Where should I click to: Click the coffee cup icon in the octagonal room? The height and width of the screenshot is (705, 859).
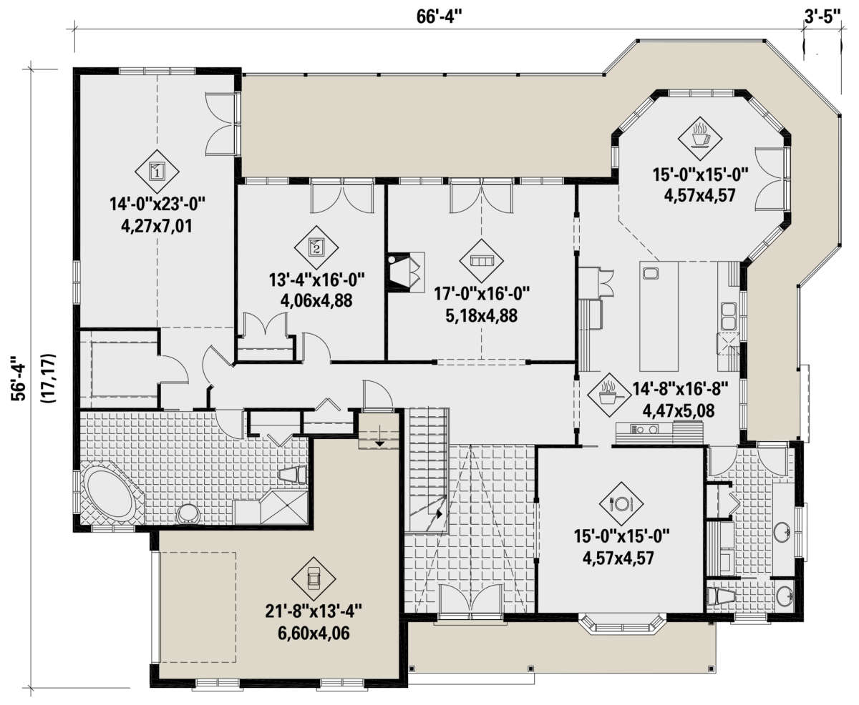(700, 138)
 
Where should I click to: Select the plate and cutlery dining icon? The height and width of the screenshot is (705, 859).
(621, 504)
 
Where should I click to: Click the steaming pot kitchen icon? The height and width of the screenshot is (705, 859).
(609, 395)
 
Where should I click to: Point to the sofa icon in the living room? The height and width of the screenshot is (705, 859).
(482, 261)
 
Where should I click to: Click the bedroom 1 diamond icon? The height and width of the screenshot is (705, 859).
(157, 172)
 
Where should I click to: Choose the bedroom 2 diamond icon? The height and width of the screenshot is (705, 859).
(316, 247)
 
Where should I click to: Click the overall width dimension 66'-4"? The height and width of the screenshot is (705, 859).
(440, 17)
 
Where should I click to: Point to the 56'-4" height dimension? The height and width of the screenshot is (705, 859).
(19, 379)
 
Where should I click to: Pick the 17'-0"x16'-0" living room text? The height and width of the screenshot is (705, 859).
(482, 293)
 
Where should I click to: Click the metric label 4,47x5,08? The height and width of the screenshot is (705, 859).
(678, 410)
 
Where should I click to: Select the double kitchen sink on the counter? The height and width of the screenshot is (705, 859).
(729, 316)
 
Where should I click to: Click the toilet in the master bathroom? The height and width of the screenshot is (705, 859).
(293, 475)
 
